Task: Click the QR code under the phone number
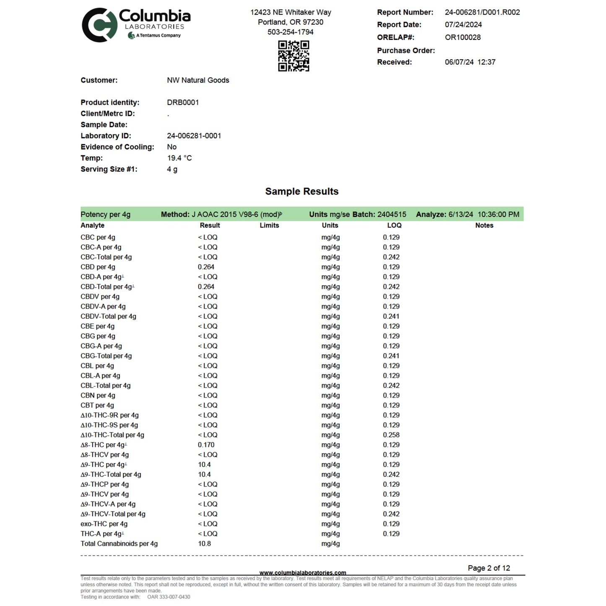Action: (x=294, y=56)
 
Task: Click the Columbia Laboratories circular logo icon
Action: (x=99, y=25)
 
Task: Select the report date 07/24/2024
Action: (x=463, y=25)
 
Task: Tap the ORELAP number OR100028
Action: (x=463, y=37)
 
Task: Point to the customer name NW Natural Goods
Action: (x=198, y=80)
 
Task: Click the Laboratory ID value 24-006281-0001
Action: (x=194, y=136)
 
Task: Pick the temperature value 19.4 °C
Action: (x=179, y=158)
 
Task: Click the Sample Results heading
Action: (x=302, y=192)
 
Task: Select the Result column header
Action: (x=210, y=226)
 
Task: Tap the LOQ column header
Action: (x=394, y=226)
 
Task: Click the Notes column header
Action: (x=484, y=226)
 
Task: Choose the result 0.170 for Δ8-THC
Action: (x=206, y=445)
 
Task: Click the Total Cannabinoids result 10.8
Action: (x=204, y=544)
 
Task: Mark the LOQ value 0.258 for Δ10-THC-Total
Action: (x=391, y=435)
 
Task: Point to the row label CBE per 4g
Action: (x=97, y=326)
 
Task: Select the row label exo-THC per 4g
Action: (x=104, y=524)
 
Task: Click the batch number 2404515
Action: (x=391, y=215)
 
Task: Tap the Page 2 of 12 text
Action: (x=489, y=568)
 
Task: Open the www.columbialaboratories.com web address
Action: (x=302, y=573)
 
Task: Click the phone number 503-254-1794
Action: (x=290, y=32)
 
